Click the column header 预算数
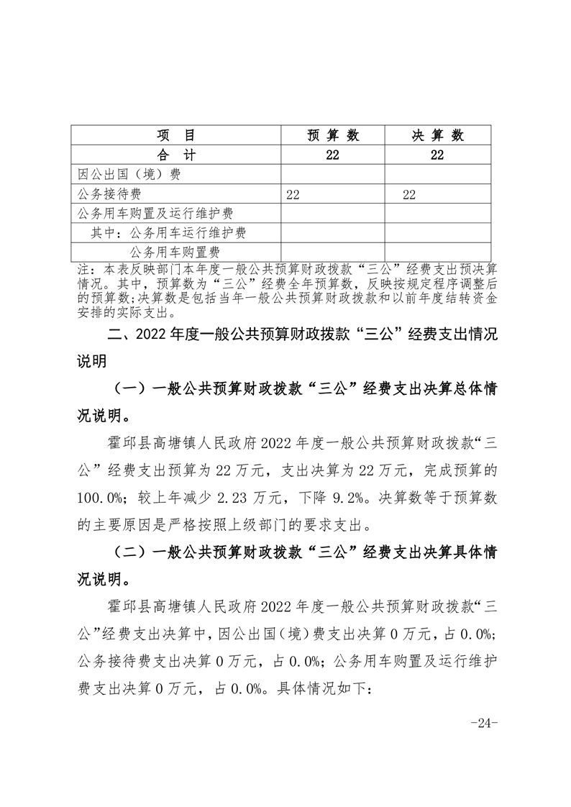(x=333, y=136)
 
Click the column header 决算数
(x=438, y=136)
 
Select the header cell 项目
(x=176, y=136)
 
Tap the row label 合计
(x=176, y=155)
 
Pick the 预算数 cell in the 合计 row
(x=333, y=155)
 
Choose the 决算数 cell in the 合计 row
(x=438, y=155)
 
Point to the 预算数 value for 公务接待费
(x=293, y=194)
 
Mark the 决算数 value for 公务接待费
(x=409, y=194)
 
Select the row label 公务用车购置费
(x=174, y=252)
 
